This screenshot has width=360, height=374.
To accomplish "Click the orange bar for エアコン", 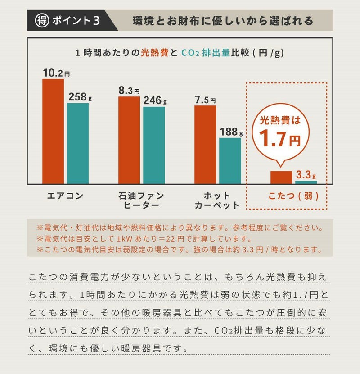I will [x=53, y=131].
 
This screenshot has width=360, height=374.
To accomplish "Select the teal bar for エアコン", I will [x=78, y=143].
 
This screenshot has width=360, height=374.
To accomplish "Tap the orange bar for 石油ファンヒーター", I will [x=129, y=140].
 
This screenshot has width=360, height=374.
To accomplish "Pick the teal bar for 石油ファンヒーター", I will [x=154, y=145].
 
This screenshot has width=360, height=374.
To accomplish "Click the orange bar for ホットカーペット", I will [x=205, y=144].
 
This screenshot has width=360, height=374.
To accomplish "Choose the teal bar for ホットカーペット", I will [x=230, y=160].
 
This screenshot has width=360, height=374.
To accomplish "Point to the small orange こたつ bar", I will [x=281, y=177].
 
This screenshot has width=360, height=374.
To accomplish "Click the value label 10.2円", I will [x=56, y=73].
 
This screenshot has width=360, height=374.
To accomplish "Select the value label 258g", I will [x=80, y=96].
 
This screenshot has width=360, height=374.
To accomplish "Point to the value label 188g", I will [x=231, y=132].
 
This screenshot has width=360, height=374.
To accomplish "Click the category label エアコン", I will [x=66, y=196].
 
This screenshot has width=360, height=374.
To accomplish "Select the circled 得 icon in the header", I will [x=42, y=21].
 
